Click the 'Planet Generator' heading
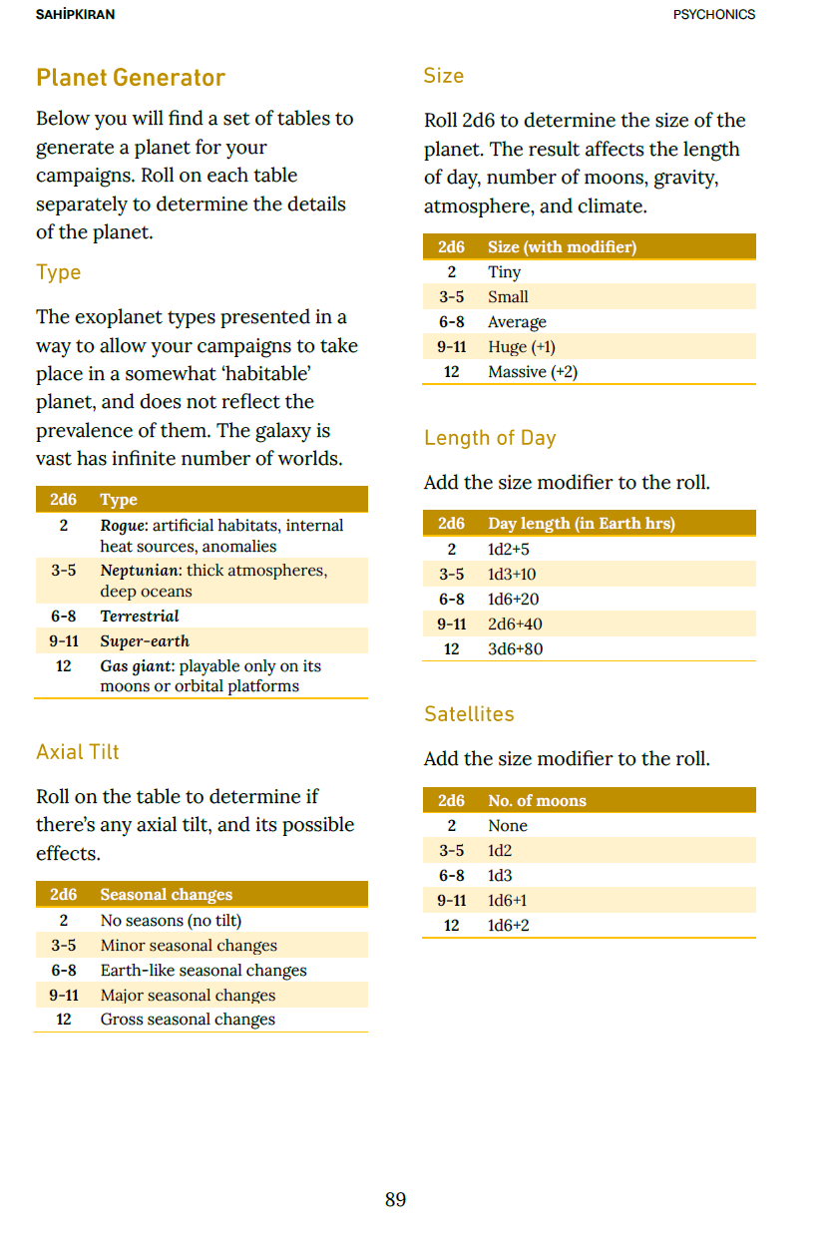(x=131, y=78)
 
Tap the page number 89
(x=395, y=1199)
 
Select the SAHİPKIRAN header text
(x=75, y=15)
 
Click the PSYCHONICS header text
(x=714, y=15)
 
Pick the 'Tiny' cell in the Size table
(x=504, y=272)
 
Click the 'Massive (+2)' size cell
(x=533, y=372)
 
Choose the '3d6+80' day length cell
(x=515, y=649)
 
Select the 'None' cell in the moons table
(x=508, y=826)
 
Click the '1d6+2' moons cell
(x=509, y=926)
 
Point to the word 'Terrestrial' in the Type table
(x=140, y=617)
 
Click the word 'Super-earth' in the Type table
(x=145, y=641)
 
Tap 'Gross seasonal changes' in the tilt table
(x=188, y=1020)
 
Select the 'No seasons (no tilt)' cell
(x=171, y=921)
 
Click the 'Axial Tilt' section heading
(x=78, y=752)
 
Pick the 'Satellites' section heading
(x=469, y=714)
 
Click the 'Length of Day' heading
(x=490, y=438)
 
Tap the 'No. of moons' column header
(x=537, y=801)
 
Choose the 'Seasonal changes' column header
(x=167, y=895)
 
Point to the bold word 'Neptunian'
(x=138, y=571)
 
